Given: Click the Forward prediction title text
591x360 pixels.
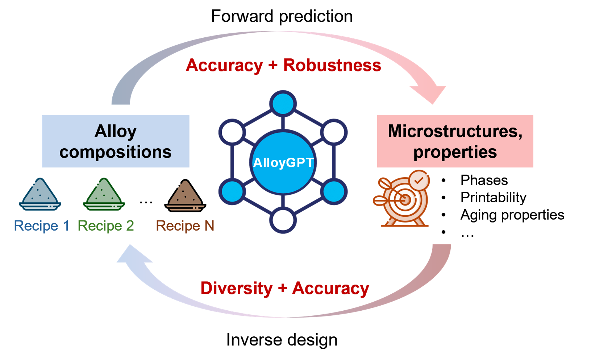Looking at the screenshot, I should tap(282, 16).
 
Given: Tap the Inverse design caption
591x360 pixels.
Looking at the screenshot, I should tap(282, 340).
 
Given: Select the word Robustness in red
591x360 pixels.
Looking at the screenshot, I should tap(332, 65).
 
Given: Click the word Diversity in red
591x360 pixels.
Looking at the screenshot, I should tap(236, 288).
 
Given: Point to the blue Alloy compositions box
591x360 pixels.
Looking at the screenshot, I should tap(116, 141).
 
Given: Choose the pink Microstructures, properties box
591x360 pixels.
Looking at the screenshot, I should tap(455, 141).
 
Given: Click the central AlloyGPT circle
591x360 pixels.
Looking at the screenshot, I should tap(283, 162).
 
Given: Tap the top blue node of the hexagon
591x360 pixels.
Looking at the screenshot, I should tap(283, 103).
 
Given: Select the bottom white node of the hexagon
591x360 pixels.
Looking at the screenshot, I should tap(283, 220).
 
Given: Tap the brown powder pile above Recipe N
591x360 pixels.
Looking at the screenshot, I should tap(185, 195).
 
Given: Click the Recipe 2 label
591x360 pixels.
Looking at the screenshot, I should tap(106, 226).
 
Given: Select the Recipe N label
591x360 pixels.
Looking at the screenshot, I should tap(185, 226).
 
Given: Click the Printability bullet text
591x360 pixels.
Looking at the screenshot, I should tap(493, 198).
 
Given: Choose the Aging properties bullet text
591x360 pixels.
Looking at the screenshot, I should tap(512, 215).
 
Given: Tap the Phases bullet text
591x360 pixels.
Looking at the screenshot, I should tap(484, 180).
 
